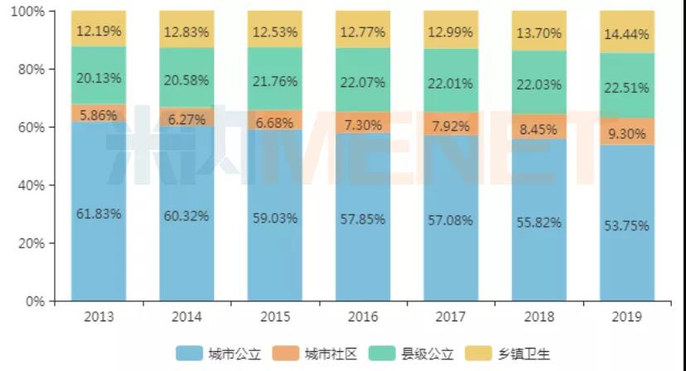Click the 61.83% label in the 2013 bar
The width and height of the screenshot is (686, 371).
click(x=99, y=214)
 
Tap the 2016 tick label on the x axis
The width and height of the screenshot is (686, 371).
click(x=363, y=317)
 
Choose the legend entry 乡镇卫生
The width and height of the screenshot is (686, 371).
click(x=510, y=354)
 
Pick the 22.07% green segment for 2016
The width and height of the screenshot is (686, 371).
click(x=363, y=83)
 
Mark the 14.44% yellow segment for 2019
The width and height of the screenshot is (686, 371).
click(x=626, y=32)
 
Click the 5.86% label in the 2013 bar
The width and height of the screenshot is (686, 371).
click(x=99, y=116)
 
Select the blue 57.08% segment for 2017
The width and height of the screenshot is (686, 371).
click(x=451, y=219)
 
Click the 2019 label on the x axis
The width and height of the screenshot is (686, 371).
click(x=626, y=317)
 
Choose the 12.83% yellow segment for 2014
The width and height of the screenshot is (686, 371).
click(x=186, y=32)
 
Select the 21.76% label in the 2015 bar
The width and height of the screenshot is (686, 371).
click(x=275, y=82)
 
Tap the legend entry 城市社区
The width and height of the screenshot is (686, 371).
click(x=316, y=354)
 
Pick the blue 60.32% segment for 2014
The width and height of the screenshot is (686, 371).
click(x=186, y=215)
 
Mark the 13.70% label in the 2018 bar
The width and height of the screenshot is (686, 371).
click(x=539, y=33)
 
